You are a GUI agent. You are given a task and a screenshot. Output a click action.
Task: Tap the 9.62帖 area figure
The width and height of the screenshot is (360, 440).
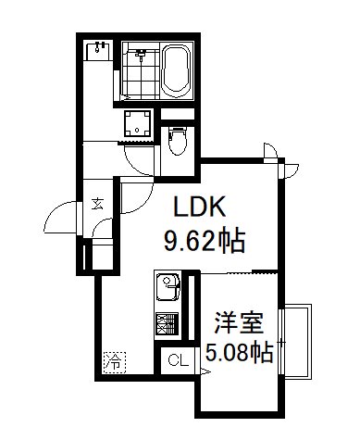tap(204, 243)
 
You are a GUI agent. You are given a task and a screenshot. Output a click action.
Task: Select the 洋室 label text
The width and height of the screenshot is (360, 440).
tap(240, 323)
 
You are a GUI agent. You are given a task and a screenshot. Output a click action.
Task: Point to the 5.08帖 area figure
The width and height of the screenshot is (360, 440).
tap(239, 353)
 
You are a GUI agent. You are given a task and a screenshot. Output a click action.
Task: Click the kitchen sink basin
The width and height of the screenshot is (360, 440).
tap(168, 287)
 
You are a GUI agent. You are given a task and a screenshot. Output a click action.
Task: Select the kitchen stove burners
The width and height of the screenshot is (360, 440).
tap(167, 323)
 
